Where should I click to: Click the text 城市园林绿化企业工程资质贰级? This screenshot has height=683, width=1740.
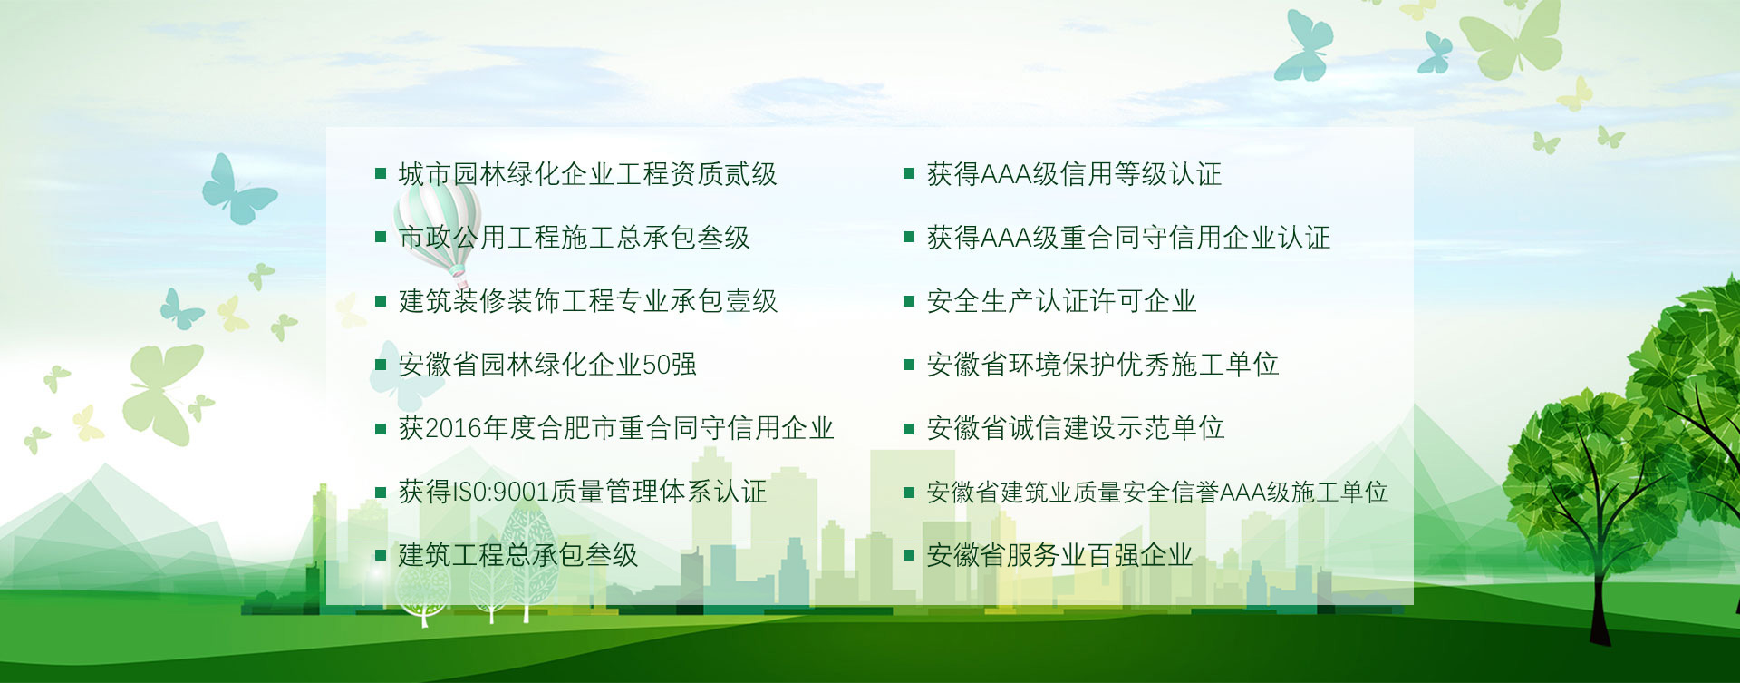tap(587, 174)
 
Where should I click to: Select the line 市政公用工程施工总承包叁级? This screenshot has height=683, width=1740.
tap(575, 238)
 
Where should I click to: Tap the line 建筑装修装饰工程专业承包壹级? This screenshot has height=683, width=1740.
tap(588, 301)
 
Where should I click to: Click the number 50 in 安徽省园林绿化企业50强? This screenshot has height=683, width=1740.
tap(656, 365)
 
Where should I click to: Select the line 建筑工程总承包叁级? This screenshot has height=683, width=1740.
tap(518, 555)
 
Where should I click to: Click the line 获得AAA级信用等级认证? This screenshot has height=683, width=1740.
tap(1074, 174)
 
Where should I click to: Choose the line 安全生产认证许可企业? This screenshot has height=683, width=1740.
tap(1061, 301)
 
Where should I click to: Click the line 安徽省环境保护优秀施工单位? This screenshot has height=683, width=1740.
tap(1102, 365)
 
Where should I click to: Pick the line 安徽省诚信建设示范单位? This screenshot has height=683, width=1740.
tap(1075, 428)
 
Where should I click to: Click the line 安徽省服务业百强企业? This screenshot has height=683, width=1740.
tap(1059, 555)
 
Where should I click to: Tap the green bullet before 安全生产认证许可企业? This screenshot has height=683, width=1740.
tap(909, 301)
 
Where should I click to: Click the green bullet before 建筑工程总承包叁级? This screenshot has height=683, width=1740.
tap(381, 555)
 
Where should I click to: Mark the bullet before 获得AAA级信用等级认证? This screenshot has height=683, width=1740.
tap(909, 173)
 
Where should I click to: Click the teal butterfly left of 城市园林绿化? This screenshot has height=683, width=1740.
tap(237, 189)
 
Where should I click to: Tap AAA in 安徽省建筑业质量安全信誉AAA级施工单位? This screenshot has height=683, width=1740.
tap(1242, 493)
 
